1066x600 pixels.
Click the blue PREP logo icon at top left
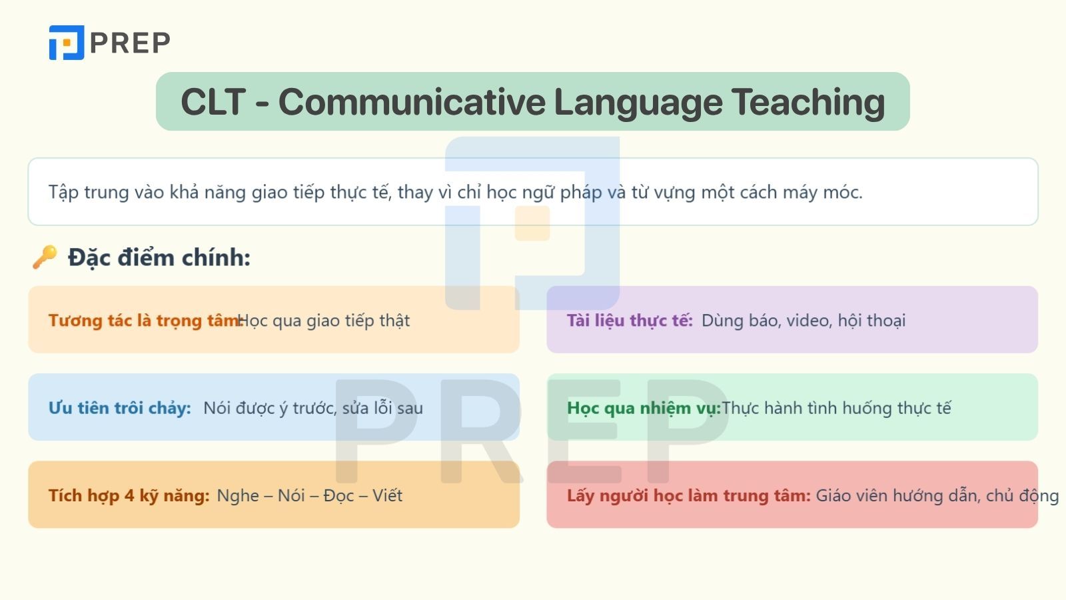coord(67,43)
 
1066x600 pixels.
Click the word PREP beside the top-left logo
coord(130,43)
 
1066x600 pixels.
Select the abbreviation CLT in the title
coord(213,102)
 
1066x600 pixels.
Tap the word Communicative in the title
coord(412,102)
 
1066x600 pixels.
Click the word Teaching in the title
coord(808,103)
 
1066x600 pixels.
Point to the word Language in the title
coord(638,103)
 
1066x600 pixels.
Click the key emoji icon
coord(45,257)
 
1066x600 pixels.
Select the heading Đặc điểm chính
coord(159,257)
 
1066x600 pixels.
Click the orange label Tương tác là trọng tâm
coord(145,321)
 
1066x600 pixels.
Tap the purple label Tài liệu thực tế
coord(630,321)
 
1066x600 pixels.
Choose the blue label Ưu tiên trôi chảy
coord(120,408)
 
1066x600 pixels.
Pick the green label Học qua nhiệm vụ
coord(644,408)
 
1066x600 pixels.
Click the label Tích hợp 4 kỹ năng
coord(129,496)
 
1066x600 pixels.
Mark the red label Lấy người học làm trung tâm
coord(689,496)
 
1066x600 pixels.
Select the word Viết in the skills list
coord(387,496)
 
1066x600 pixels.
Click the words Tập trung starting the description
coord(89,193)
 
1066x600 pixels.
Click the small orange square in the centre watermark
coord(532,223)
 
